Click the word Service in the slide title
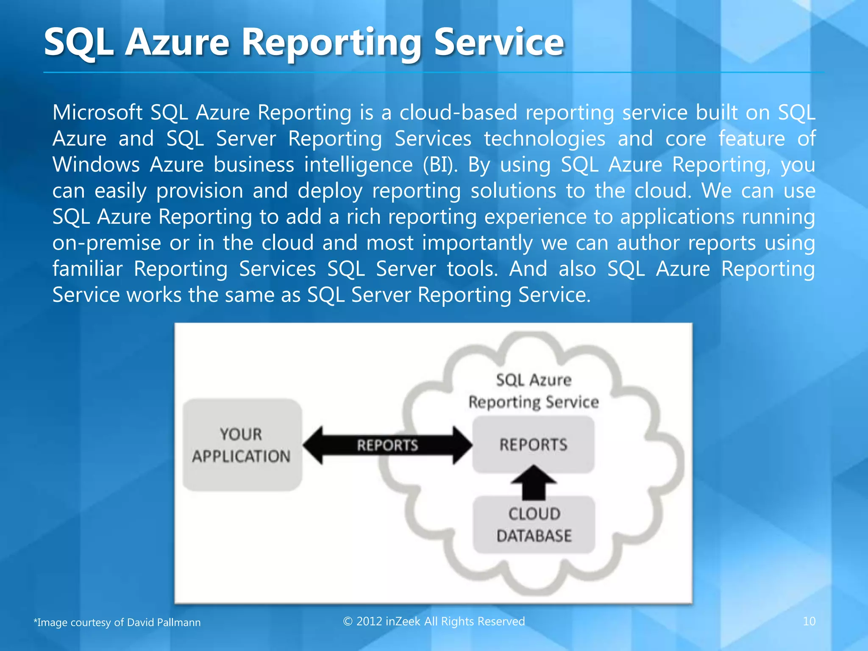499,42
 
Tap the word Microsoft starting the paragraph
97,113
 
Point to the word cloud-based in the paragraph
458,113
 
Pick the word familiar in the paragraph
87,269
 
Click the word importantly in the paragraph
477,243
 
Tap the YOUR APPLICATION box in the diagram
242,445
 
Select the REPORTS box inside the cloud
533,445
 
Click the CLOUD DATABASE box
534,525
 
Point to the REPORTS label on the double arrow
387,445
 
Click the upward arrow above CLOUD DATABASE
533,482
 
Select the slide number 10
809,621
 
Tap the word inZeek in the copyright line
403,621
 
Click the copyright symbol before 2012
348,621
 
